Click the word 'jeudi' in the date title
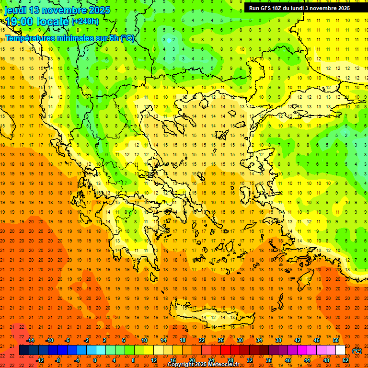pos(15,10)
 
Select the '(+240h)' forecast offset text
pos(85,21)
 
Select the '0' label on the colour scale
pos(95,360)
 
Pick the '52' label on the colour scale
pos(345,360)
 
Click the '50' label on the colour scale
pos(336,340)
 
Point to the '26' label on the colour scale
pos(221,340)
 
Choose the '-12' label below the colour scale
pos(40,360)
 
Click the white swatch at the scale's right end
pos(341,350)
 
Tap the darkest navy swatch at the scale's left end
pos(24,350)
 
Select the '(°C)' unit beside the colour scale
pos(357,351)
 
